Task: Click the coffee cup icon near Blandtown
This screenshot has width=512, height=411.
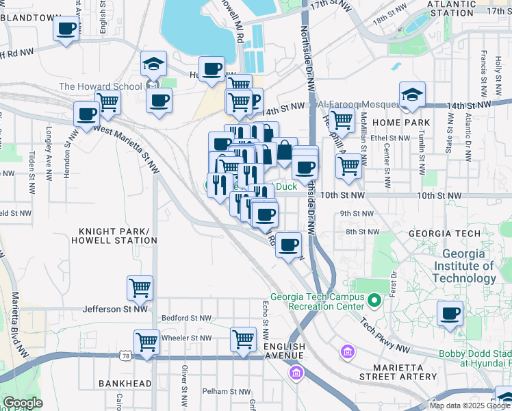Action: (66, 29)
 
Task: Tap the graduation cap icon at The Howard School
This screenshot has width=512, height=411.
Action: (153, 66)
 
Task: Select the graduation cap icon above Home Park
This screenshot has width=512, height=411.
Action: (412, 96)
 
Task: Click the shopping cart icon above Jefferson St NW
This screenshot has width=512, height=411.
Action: (140, 288)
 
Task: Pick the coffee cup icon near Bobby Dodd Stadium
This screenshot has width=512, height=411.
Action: (450, 314)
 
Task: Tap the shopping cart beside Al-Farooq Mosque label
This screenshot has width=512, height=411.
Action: (342, 121)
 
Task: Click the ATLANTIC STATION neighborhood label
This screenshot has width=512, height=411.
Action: (450, 8)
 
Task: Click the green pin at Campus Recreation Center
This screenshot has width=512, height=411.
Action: (374, 300)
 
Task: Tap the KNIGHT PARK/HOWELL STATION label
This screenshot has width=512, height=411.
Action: (118, 236)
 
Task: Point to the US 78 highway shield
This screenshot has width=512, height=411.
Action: (125, 356)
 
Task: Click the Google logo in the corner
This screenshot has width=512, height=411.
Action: (23, 403)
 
